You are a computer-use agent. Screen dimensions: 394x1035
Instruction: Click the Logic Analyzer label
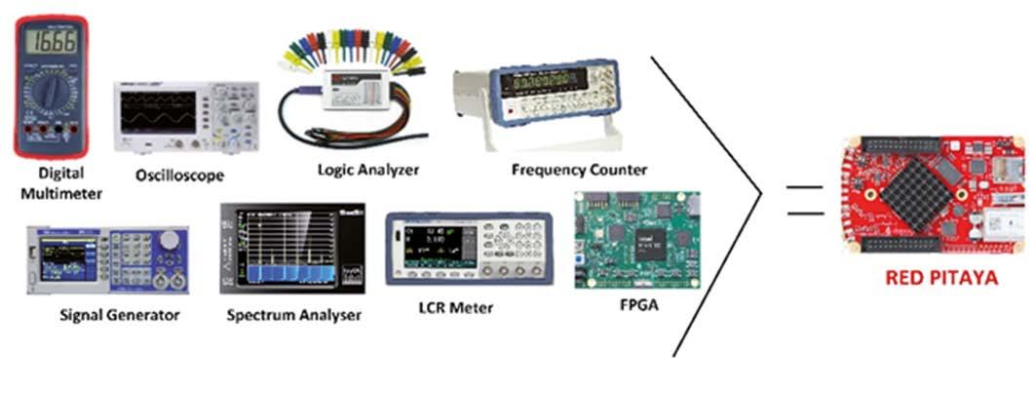[368, 170]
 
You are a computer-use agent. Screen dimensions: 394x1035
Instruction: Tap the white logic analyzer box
[362, 93]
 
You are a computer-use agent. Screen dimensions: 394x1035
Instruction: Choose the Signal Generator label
[121, 315]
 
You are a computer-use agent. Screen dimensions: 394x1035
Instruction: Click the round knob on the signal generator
[171, 240]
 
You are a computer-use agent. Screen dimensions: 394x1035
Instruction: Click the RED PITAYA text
[941, 278]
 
